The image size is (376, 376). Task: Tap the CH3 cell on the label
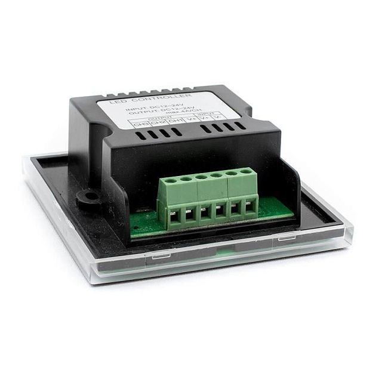(140, 124)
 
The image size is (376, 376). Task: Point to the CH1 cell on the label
(175, 121)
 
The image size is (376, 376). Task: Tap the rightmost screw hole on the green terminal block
(245, 172)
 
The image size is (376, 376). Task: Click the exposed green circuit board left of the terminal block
(143, 224)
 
